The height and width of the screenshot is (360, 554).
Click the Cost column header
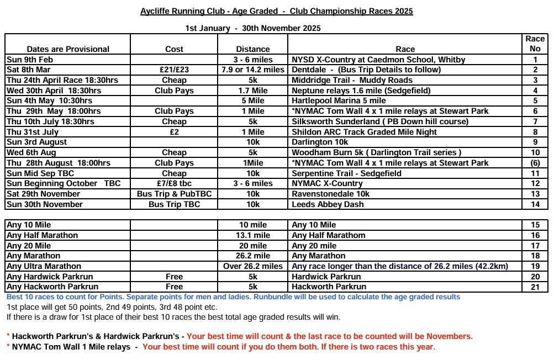(175, 49)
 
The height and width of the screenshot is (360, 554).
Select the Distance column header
(253, 49)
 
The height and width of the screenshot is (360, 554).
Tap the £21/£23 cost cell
(175, 70)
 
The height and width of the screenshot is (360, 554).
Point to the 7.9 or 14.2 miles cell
(253, 70)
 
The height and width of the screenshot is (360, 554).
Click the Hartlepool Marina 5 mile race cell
(339, 100)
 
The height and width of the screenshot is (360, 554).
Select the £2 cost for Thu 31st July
(175, 132)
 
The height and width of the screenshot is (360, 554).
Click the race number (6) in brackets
(535, 163)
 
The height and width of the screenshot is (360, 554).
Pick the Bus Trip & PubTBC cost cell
(175, 194)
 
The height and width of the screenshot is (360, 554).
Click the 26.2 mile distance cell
(253, 256)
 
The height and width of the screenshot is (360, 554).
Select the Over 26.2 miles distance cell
(253, 266)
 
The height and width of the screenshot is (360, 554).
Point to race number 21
(535, 287)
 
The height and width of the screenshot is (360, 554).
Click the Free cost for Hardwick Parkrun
(175, 277)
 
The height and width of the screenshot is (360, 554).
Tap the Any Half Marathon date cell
(43, 235)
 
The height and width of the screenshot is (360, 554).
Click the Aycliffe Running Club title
(277, 11)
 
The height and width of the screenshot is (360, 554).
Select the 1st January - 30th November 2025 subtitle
(253, 28)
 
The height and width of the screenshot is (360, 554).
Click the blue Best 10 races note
(233, 297)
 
